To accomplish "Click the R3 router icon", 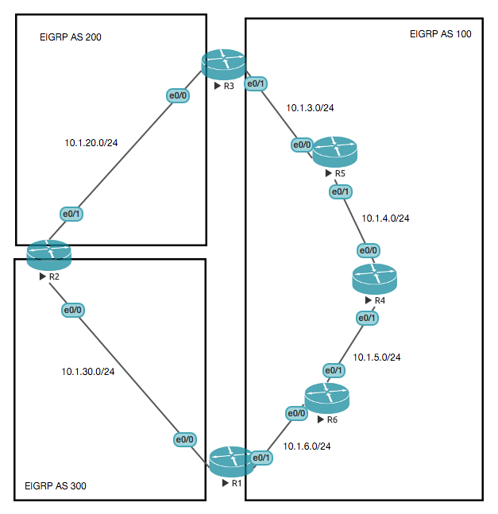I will click(x=223, y=64).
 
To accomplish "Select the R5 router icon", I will click(x=335, y=151).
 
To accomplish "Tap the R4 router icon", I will click(x=374, y=279).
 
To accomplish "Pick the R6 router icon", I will click(x=326, y=397).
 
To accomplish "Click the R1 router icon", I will click(x=231, y=462).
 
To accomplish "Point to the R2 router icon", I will click(x=48, y=254).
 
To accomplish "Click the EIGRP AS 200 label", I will click(x=71, y=37).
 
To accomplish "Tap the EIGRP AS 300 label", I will click(x=56, y=485).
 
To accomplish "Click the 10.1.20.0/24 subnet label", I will click(x=91, y=144).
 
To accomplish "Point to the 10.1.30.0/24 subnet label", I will click(x=88, y=371).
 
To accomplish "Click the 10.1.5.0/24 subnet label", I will click(x=377, y=357).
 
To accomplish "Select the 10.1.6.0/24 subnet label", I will click(x=307, y=446).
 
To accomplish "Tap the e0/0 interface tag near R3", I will click(x=177, y=95).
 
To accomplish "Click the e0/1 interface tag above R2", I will click(x=72, y=214).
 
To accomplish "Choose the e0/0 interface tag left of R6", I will click(x=295, y=413).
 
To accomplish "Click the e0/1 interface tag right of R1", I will click(x=262, y=458).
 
